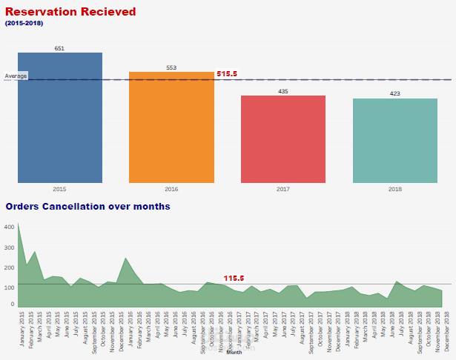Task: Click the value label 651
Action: tap(59, 48)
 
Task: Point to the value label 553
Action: tap(171, 67)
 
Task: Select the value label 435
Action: tap(282, 91)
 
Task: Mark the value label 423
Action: tap(394, 94)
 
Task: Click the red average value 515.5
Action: tap(227, 74)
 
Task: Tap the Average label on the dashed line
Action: tap(16, 76)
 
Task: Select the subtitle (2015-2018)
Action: tap(24, 24)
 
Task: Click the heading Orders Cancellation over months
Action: tap(88, 206)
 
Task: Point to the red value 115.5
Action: tap(234, 278)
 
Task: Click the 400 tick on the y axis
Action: tap(9, 227)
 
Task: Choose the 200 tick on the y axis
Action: tap(9, 267)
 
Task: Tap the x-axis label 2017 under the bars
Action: tap(282, 189)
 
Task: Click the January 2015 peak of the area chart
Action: tap(18, 224)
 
